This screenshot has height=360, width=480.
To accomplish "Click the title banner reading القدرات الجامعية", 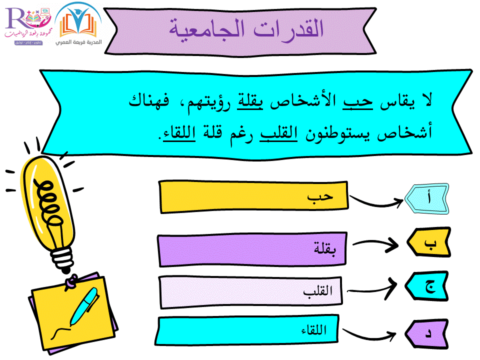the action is tap(240, 31).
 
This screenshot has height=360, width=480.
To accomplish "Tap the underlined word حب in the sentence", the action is tap(358, 101).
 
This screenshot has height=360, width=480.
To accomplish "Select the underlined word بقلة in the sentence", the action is tap(250, 101).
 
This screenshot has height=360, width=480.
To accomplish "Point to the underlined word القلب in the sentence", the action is tap(278, 133).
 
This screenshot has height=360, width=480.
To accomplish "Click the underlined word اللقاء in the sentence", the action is tap(179, 133).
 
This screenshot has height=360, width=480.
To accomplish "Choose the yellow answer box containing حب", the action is tap(254, 197).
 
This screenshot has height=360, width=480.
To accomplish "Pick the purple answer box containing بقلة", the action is tap(252, 249).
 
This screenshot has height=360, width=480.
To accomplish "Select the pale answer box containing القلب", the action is tap(250, 292).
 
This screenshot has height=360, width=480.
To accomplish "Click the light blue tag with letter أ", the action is tap(427, 198).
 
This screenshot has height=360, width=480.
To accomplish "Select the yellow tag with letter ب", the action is tap(429, 242).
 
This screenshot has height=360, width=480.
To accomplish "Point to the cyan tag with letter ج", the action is tap(427, 286).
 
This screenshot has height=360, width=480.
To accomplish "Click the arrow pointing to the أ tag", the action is tap(376, 203).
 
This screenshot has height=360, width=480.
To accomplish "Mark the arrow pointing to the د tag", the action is tap(369, 336).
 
